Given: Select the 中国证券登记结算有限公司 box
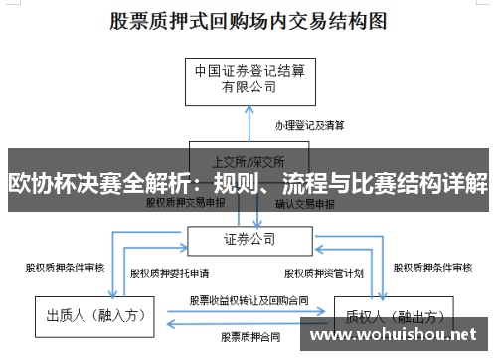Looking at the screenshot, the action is [x=248, y=79].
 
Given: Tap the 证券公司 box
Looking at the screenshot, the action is [x=248, y=239].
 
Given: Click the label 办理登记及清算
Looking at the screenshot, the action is [x=310, y=126].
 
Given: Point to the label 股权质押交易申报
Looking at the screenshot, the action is [x=186, y=203].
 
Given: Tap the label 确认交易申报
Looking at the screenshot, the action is [x=306, y=203].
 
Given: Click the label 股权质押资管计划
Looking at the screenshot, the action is [x=325, y=272].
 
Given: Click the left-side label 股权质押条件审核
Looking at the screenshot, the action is [x=65, y=268].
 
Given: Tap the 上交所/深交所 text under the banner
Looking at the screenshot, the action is [x=248, y=159].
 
